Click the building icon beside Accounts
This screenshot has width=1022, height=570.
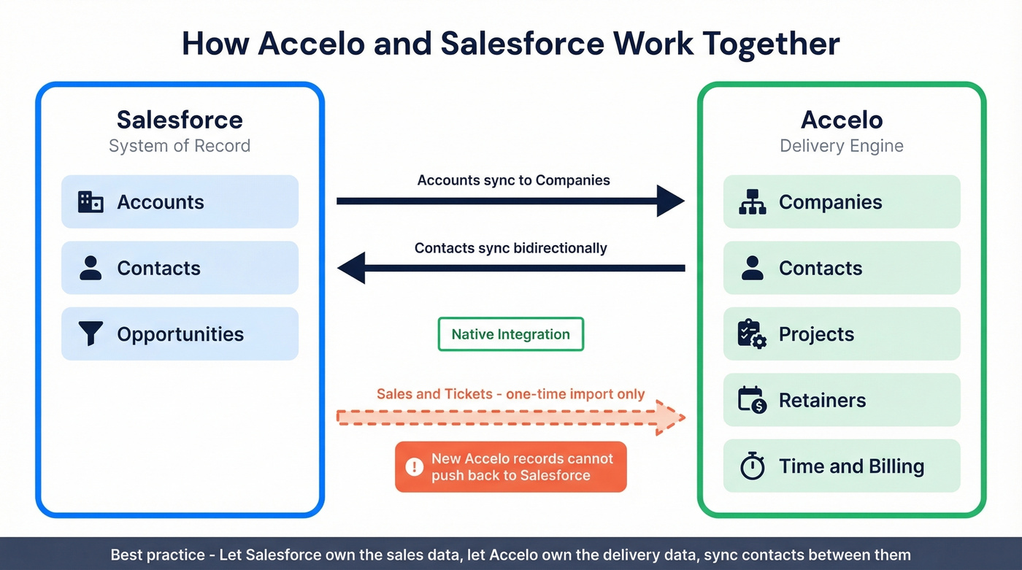tap(91, 202)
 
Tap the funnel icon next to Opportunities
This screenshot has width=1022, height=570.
tap(91, 334)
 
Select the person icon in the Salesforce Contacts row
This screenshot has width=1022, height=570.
tap(91, 268)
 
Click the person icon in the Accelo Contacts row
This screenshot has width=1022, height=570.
tap(752, 268)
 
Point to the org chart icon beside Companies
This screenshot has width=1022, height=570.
tap(752, 202)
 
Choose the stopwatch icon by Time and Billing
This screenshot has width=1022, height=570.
tap(752, 466)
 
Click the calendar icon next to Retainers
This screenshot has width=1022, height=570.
tap(752, 400)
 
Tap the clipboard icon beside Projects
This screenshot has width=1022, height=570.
tap(752, 334)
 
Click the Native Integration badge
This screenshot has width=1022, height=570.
tap(510, 334)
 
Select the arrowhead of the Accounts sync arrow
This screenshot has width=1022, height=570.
tap(670, 201)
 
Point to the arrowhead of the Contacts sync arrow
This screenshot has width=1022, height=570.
tap(351, 268)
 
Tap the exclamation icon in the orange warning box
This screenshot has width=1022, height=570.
tap(414, 466)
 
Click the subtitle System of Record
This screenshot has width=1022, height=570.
tap(180, 146)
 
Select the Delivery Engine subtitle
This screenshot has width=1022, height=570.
tap(841, 146)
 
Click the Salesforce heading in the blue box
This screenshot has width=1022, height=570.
tap(180, 120)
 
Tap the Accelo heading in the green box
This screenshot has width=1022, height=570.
tap(841, 120)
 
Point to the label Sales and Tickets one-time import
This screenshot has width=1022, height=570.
tap(510, 394)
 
